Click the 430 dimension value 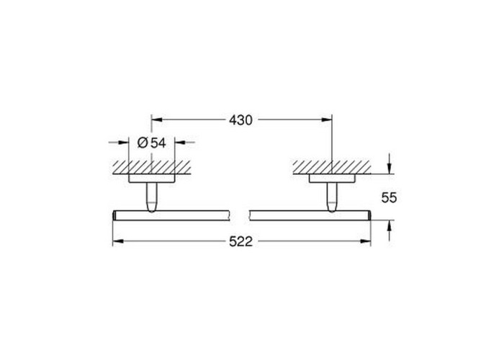tap(240, 120)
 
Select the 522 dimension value tap(240, 241)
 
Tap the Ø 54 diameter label tap(152, 143)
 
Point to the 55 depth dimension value tap(389, 198)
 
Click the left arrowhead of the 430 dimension tap(156, 120)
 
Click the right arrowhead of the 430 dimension tap(327, 120)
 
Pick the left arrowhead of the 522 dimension tap(117, 241)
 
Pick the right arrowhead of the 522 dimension tap(366, 241)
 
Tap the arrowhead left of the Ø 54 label tap(124, 142)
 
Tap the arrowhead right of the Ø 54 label tap(180, 142)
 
